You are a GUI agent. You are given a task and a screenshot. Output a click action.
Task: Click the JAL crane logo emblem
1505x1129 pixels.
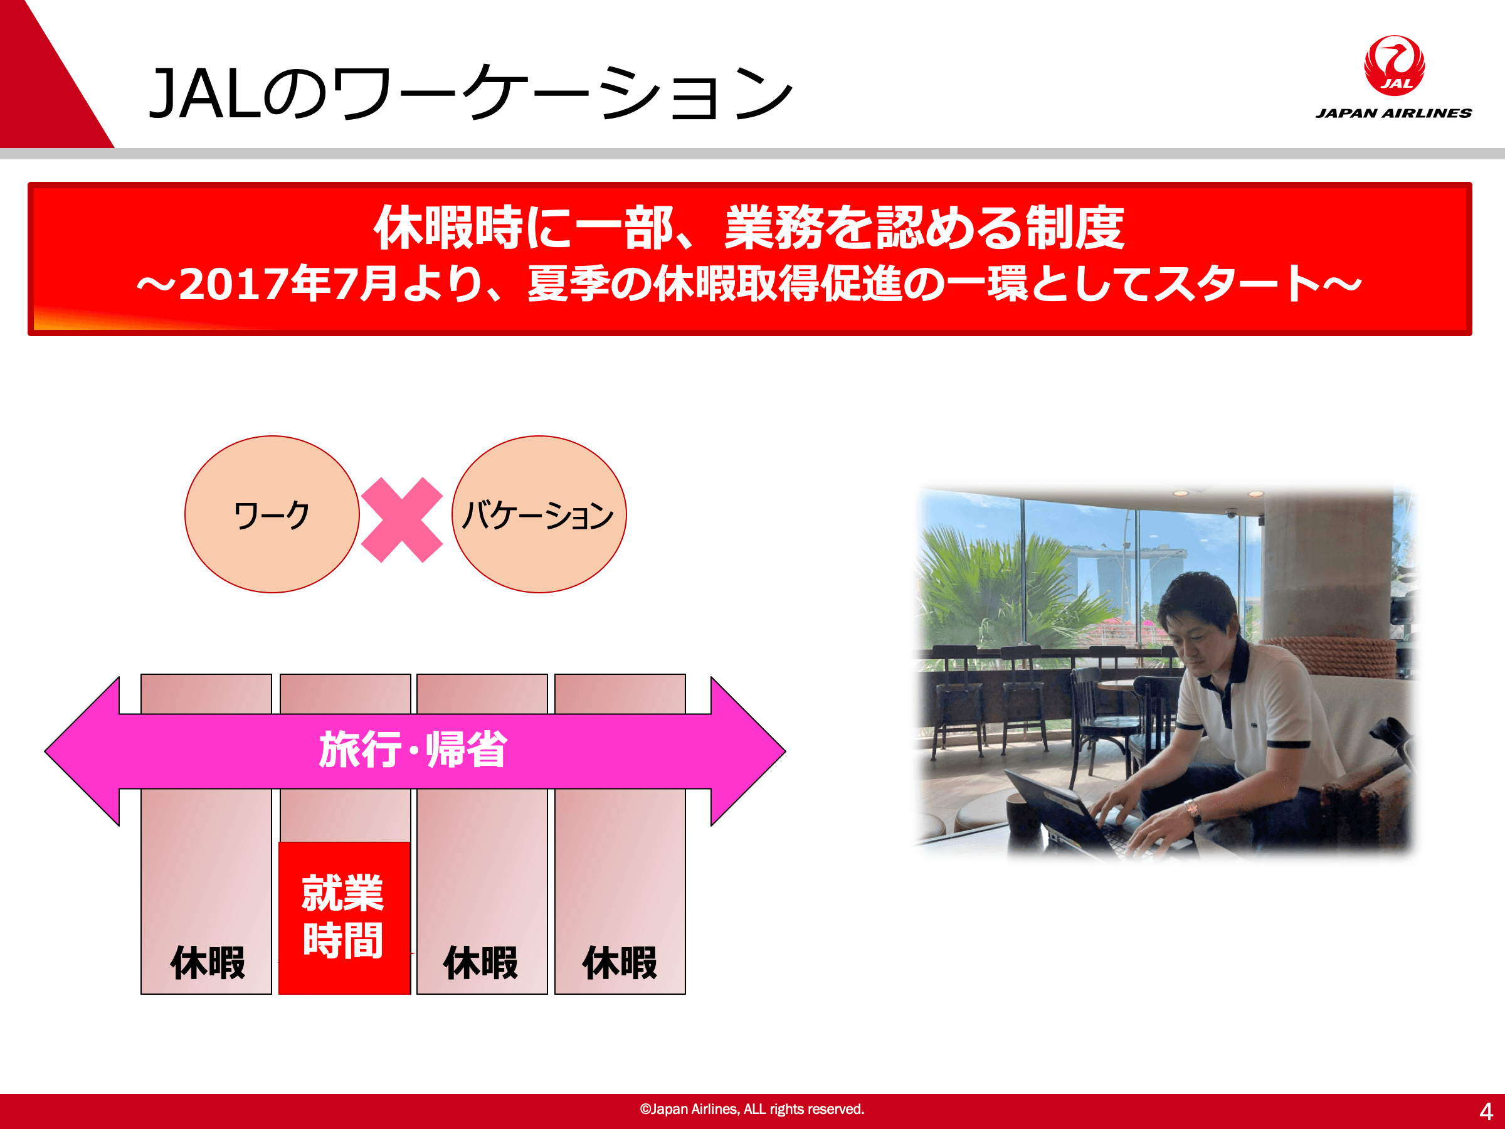coord(1394,66)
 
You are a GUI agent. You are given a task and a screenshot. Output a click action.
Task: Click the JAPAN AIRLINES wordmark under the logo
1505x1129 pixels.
coord(1393,113)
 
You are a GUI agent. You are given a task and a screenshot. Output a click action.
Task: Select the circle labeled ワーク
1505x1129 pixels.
coord(272,514)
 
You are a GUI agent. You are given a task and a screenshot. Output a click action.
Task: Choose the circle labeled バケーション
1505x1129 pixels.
coord(539,514)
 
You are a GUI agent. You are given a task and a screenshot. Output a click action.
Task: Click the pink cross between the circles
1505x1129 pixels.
coord(402,520)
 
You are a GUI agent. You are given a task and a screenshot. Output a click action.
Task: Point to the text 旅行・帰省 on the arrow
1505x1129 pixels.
coord(413,750)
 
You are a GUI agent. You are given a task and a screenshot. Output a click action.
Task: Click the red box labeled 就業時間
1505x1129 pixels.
coord(344,918)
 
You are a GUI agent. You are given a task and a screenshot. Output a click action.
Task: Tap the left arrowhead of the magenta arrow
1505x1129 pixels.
coord(82,751)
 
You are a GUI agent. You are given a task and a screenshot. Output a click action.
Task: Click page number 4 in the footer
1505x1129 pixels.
coord(1486,1111)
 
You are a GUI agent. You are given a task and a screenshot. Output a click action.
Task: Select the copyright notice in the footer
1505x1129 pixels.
coord(752,1110)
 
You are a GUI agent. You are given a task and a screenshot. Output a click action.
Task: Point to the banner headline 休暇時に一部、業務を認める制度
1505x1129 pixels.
coord(748,227)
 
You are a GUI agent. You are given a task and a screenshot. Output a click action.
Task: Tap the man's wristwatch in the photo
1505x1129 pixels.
coord(1192,810)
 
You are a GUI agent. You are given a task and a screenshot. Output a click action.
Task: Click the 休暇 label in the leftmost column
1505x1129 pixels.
coord(208,963)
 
